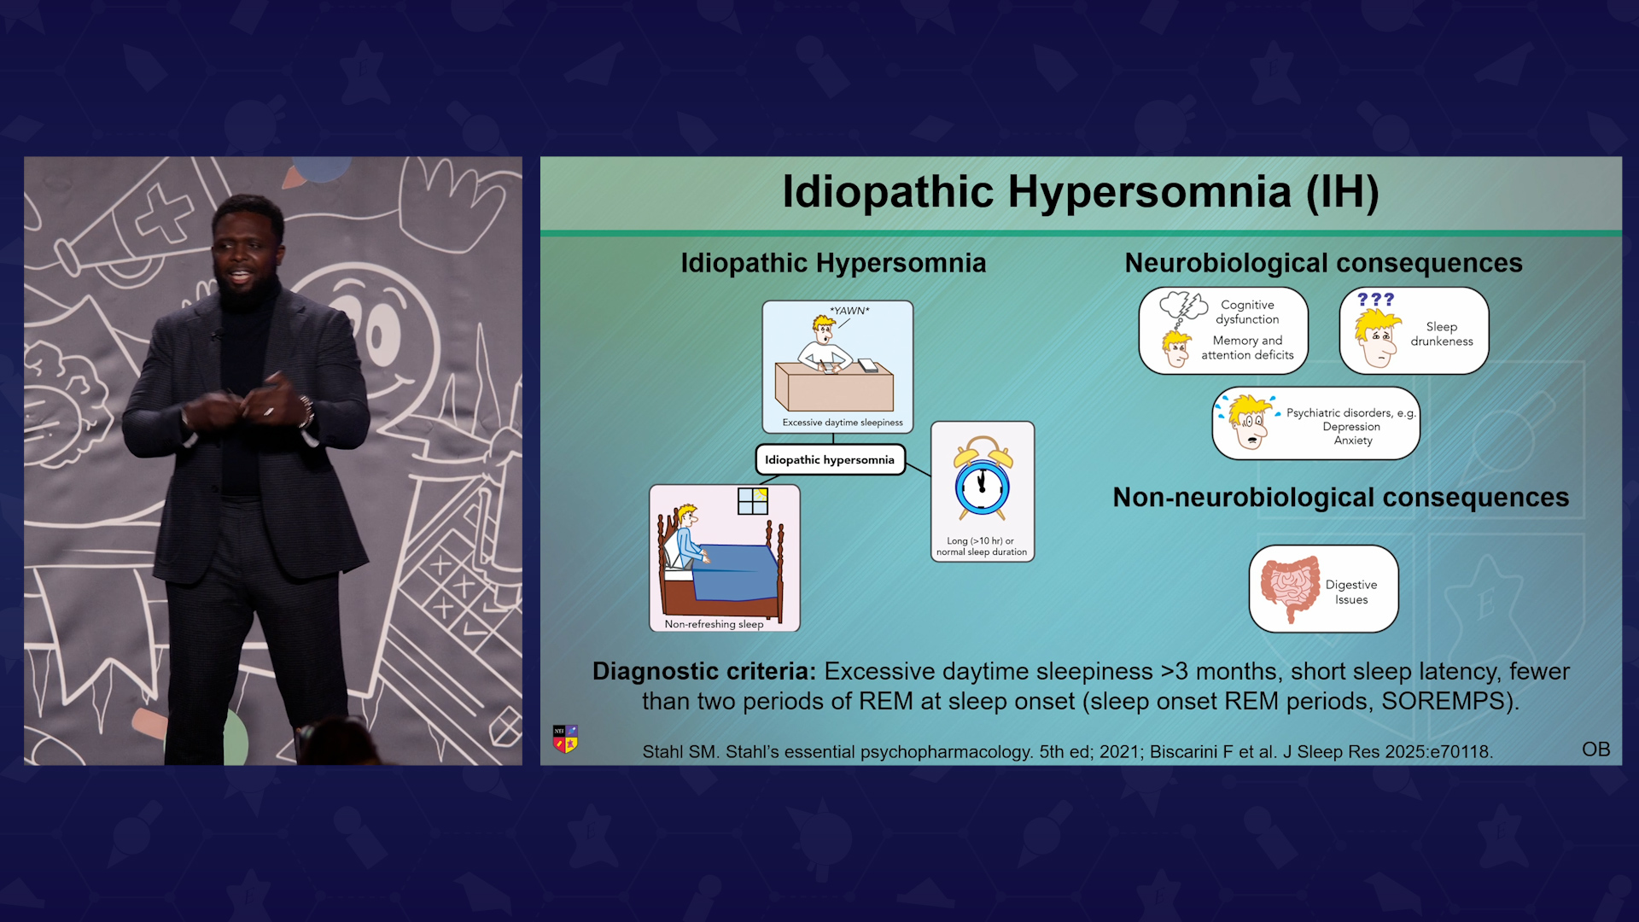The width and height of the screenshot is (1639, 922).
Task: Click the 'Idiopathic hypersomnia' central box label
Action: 830,459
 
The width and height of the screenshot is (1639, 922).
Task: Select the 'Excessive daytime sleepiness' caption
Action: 843,423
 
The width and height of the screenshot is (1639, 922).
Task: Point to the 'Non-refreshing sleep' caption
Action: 714,624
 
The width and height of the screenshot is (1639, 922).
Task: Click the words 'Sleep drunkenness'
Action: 1442,334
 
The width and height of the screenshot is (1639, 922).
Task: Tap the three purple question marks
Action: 1375,300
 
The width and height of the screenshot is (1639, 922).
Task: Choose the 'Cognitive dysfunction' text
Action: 1247,312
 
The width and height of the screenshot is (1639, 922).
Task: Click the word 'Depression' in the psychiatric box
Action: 1351,427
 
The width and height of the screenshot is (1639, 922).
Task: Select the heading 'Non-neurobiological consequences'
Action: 1340,497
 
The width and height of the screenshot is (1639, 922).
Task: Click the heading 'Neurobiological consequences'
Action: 1323,263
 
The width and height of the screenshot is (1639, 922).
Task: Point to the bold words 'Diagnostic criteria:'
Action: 704,672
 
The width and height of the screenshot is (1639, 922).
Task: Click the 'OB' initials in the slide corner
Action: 1595,750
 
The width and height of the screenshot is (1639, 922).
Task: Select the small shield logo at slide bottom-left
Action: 565,738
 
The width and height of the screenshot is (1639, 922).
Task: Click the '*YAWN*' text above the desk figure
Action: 849,311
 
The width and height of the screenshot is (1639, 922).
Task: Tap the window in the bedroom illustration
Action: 753,501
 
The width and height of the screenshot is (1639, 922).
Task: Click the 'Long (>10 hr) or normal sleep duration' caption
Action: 982,546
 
